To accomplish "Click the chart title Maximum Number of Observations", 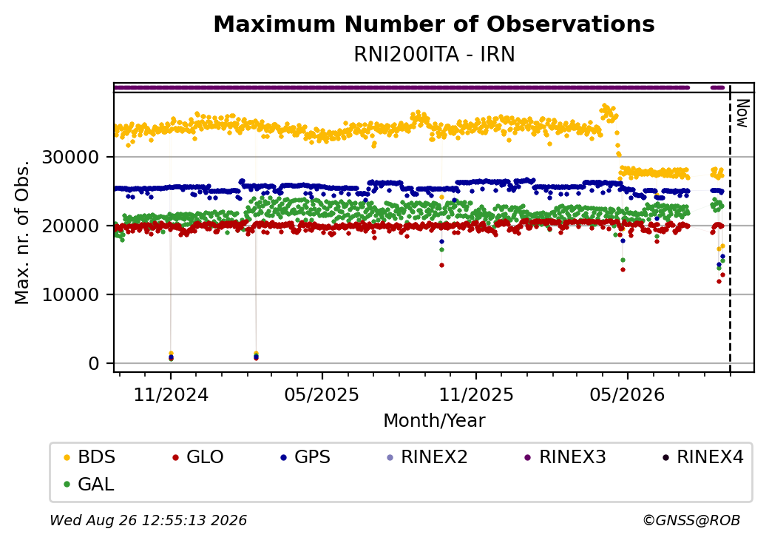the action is [x=434, y=24].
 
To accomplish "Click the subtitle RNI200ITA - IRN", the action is [x=434, y=55].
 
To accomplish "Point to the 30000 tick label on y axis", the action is [x=71, y=158].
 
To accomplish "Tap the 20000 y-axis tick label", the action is [x=71, y=226].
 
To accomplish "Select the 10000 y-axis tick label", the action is [x=71, y=294].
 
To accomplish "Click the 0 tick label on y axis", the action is [x=94, y=363].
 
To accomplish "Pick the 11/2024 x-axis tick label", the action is [x=171, y=394].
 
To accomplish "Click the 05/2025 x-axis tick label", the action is [x=322, y=394].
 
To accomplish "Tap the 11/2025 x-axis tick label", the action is [x=475, y=394].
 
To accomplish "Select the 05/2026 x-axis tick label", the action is [x=627, y=394].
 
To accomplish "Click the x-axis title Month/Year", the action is [x=434, y=420].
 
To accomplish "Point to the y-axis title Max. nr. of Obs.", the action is [x=22, y=232].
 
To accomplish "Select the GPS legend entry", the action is [x=305, y=457].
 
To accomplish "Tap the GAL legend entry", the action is [x=89, y=484].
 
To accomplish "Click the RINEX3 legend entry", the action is [x=565, y=457].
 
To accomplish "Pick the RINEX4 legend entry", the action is [x=702, y=457].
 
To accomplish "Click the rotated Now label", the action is [x=743, y=113].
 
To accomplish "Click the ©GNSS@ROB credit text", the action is [x=691, y=520].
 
